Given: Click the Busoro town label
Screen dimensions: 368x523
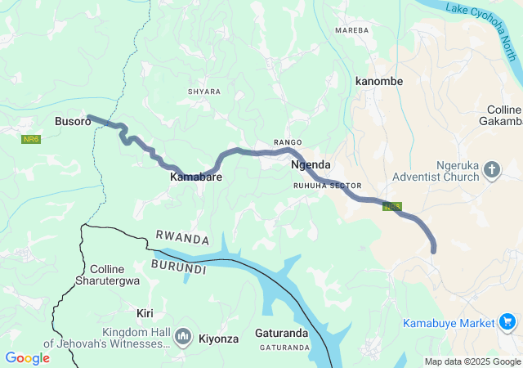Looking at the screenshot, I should (x=72, y=122).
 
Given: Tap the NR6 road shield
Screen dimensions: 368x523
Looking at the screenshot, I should (x=31, y=140).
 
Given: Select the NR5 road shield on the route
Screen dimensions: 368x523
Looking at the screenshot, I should (x=391, y=207).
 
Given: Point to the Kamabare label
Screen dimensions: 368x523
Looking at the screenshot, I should (x=196, y=177).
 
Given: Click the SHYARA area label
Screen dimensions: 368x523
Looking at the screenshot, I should (x=203, y=92).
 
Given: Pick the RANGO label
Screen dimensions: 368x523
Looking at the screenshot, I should (x=288, y=142).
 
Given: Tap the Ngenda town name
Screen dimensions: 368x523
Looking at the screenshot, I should (x=311, y=164).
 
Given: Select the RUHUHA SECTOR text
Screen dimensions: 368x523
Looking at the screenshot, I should (x=327, y=186).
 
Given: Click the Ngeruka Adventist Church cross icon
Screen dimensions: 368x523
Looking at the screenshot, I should (x=492, y=170).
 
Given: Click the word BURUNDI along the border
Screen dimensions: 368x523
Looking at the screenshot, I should (x=179, y=267).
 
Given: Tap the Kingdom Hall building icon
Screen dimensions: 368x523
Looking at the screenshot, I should (x=183, y=336).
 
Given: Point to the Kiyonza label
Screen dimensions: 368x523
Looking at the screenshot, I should (x=218, y=338).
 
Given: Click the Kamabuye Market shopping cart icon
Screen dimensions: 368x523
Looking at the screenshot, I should (x=507, y=322).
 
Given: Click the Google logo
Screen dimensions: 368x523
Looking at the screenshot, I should (x=27, y=358).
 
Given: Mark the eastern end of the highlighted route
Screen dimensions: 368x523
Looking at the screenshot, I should (x=433, y=250).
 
